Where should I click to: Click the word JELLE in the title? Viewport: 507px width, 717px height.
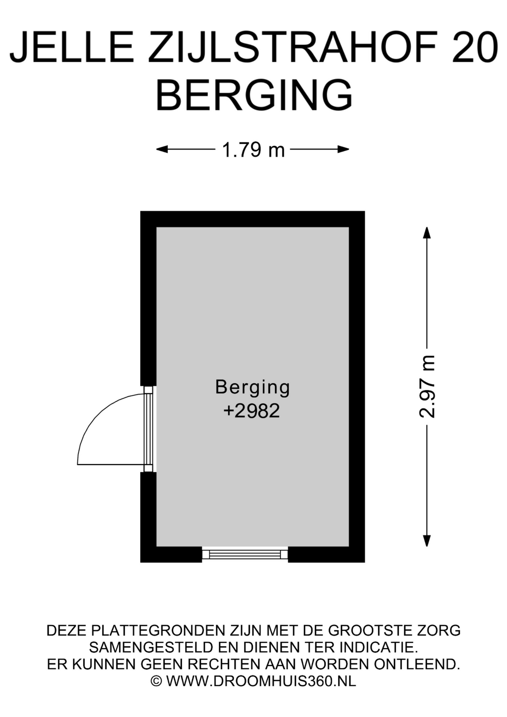pyautogui.click(x=71, y=47)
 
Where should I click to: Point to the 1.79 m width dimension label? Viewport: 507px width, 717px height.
pyautogui.click(x=253, y=150)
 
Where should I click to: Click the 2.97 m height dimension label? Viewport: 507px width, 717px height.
pyautogui.click(x=427, y=386)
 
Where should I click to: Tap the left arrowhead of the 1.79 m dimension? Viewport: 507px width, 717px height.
pyautogui.click(x=162, y=149)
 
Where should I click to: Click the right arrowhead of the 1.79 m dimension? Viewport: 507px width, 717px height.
pyautogui.click(x=343, y=149)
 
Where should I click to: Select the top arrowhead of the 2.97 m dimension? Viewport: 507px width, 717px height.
pyautogui.click(x=427, y=232)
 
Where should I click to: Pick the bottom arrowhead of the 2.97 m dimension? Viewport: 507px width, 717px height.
pyautogui.click(x=427, y=541)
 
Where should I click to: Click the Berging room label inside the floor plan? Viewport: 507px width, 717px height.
pyautogui.click(x=253, y=388)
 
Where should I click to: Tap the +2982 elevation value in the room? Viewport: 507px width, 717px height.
pyautogui.click(x=252, y=411)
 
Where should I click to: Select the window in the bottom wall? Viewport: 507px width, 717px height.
pyautogui.click(x=245, y=554)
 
